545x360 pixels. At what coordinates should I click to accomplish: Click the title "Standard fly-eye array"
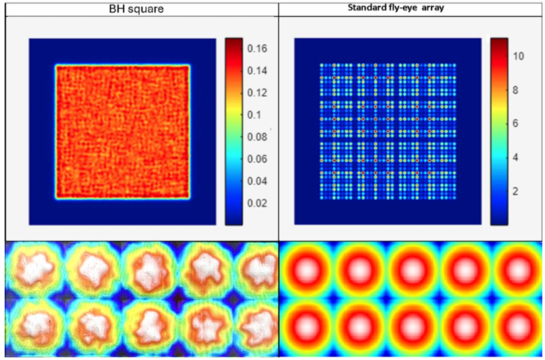click(x=412, y=9)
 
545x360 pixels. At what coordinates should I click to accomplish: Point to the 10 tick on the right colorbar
click(x=519, y=56)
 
